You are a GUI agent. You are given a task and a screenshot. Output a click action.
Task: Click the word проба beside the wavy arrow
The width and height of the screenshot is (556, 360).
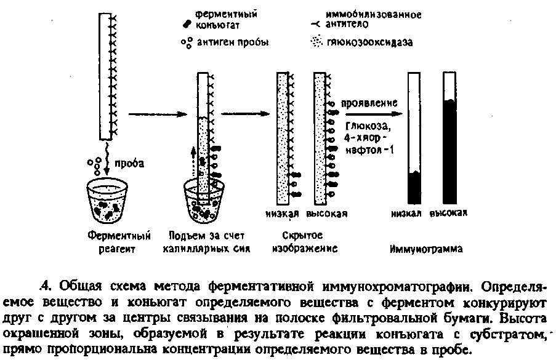coord(131,164)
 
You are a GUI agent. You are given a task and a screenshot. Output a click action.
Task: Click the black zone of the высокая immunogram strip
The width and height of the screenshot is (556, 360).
coord(451,151)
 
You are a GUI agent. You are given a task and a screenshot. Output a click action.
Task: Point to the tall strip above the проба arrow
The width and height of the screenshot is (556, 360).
coord(103,77)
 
